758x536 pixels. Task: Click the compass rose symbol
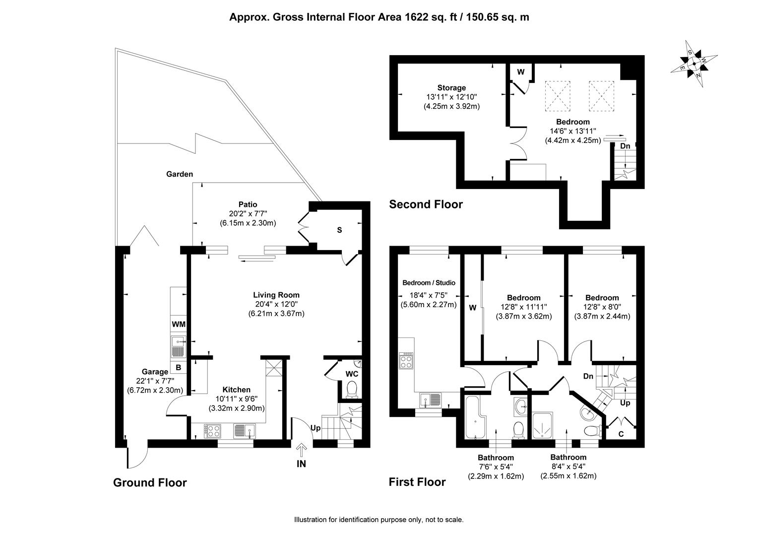pos(694,64)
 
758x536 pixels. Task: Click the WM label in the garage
pos(179,325)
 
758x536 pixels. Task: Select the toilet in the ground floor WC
pos(352,390)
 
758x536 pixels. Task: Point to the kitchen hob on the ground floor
pos(212,431)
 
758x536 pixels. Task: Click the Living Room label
pos(276,295)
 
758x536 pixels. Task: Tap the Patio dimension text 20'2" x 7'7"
pos(248,213)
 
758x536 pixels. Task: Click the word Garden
pos(180,174)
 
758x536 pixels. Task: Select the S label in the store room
pos(339,230)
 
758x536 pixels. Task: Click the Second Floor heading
pos(426,204)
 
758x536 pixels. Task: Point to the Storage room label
pos(451,88)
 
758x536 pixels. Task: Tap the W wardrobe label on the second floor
pos(521,72)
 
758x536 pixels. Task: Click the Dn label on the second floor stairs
pos(625,146)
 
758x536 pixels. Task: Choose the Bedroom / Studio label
pos(429,283)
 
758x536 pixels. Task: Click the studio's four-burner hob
pos(406,361)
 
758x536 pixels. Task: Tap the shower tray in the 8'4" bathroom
pos(542,425)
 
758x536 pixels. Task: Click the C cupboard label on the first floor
pos(621,434)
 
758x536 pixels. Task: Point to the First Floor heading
pos(417,482)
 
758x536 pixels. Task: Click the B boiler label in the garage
pos(178,367)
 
